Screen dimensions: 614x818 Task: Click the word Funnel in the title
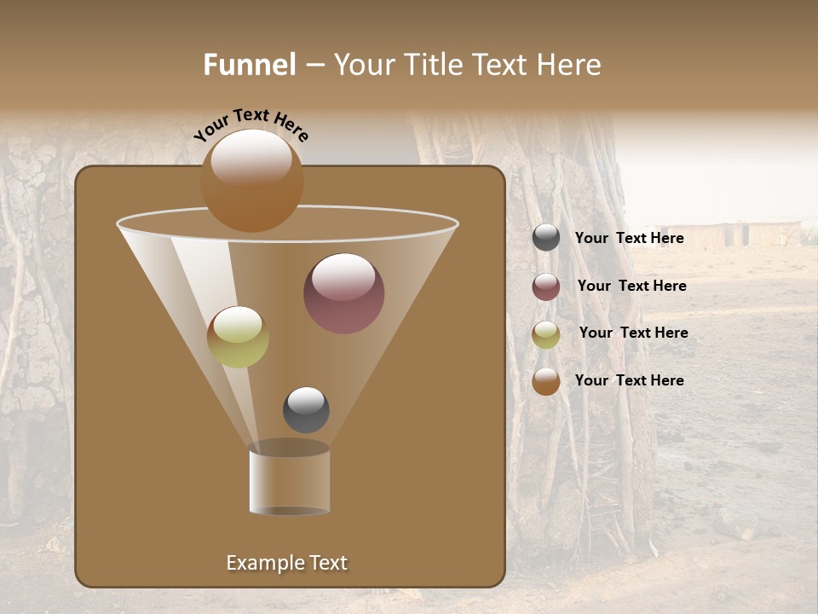250,65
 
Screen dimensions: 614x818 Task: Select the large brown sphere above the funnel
252,181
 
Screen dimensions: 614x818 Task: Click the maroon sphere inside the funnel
344,293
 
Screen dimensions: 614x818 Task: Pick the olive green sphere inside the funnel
238,337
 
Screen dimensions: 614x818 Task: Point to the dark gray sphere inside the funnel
306,409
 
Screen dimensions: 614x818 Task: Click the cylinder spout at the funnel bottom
289,482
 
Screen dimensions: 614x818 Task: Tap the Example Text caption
286,563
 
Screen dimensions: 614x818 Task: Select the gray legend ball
546,238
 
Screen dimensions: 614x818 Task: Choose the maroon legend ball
546,287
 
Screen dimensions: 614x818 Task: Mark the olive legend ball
546,334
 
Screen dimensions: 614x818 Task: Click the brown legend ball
546,381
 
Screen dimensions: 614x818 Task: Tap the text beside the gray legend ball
629,239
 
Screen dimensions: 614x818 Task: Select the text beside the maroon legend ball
631,287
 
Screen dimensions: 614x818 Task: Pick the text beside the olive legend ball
633,333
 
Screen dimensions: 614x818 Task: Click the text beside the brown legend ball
629,381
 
